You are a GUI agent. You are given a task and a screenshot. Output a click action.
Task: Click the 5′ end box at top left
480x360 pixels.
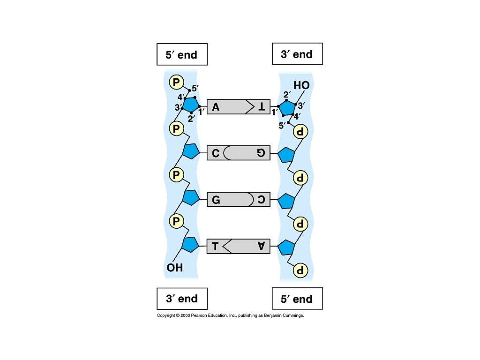click(x=181, y=55)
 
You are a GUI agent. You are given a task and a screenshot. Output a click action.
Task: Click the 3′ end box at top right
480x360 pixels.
click(x=297, y=54)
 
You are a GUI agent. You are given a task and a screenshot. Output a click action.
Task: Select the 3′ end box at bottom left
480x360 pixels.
click(x=181, y=299)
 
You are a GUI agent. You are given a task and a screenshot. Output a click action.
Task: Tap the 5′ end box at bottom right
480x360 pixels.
click(x=297, y=299)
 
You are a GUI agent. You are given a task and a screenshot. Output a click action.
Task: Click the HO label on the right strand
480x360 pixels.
click(x=301, y=85)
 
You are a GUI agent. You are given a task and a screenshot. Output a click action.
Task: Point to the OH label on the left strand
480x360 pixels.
click(x=174, y=268)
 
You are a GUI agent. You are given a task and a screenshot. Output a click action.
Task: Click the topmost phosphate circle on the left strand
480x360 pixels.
click(x=176, y=82)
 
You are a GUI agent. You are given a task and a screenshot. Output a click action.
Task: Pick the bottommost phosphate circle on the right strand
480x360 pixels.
click(x=300, y=270)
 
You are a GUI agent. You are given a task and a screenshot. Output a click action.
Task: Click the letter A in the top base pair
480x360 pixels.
click(x=216, y=107)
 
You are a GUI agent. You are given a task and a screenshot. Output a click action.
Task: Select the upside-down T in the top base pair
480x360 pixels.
click(x=261, y=107)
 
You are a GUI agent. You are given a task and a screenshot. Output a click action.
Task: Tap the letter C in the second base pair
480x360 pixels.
click(x=215, y=153)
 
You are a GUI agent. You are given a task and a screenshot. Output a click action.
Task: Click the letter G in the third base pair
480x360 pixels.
click(x=216, y=200)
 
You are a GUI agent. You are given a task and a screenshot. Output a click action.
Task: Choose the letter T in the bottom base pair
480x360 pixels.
click(x=215, y=246)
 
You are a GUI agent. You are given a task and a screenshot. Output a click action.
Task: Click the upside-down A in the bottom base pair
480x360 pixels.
click(x=261, y=246)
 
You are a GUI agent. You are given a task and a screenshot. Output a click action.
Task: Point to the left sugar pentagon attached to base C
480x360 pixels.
click(x=191, y=151)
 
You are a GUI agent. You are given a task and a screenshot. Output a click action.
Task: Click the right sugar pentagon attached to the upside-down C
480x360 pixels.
click(x=286, y=201)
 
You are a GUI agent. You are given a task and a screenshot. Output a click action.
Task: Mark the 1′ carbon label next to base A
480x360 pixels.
click(x=202, y=112)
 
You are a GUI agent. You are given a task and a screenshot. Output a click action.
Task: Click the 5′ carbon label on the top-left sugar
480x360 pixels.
click(x=195, y=88)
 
